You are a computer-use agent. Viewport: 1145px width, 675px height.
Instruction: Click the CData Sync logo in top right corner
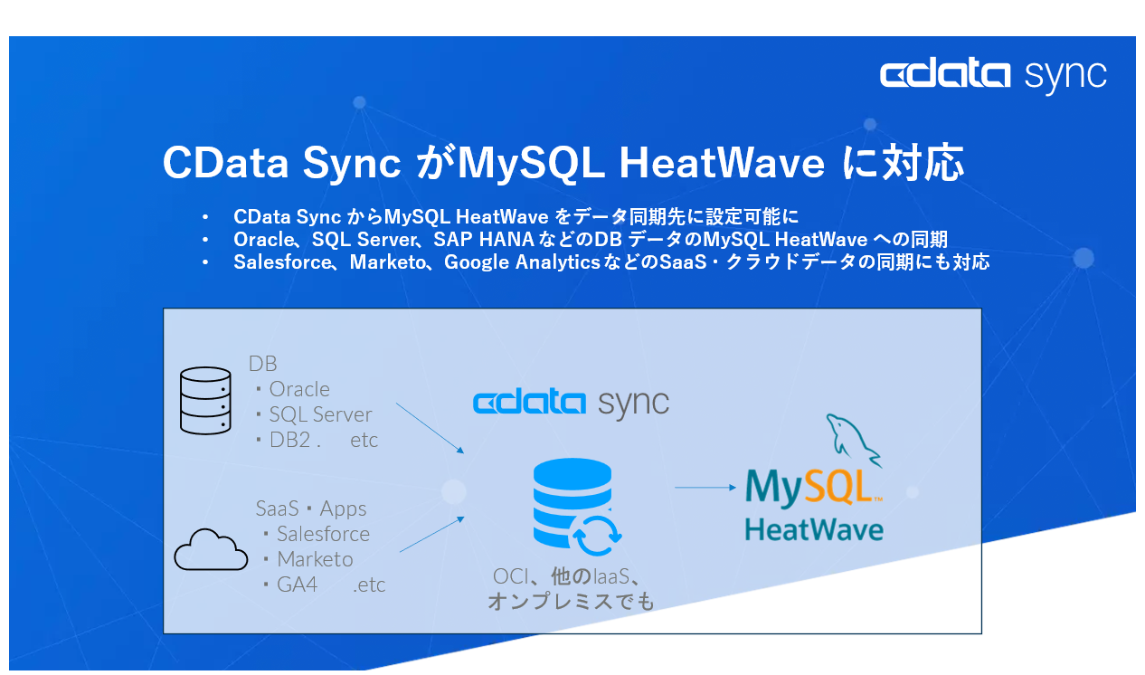click(x=992, y=75)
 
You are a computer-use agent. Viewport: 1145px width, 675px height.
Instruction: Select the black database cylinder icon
click(x=205, y=401)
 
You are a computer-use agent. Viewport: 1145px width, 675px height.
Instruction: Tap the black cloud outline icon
click(x=211, y=549)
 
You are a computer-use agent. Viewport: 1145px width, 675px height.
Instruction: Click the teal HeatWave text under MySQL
click(x=813, y=528)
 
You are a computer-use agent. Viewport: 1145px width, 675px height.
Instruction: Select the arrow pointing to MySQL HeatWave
click(x=705, y=488)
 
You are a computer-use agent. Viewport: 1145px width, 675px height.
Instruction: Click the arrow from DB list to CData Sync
click(x=430, y=428)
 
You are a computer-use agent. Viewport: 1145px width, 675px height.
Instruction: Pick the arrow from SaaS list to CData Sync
click(x=431, y=534)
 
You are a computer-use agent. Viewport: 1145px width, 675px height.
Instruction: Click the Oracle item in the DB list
click(x=298, y=389)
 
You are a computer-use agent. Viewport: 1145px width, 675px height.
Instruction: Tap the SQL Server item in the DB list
click(x=319, y=414)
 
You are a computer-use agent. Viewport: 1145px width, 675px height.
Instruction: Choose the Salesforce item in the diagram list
click(x=322, y=534)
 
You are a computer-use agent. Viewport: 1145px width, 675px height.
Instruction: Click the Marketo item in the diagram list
click(x=314, y=559)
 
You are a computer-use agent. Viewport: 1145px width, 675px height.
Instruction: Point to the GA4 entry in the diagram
click(x=297, y=585)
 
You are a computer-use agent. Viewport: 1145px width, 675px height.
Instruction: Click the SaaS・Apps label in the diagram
click(x=310, y=509)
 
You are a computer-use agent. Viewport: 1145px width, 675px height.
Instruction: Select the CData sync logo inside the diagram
click(x=571, y=403)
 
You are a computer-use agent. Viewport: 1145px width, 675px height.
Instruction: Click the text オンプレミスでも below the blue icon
click(x=570, y=601)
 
